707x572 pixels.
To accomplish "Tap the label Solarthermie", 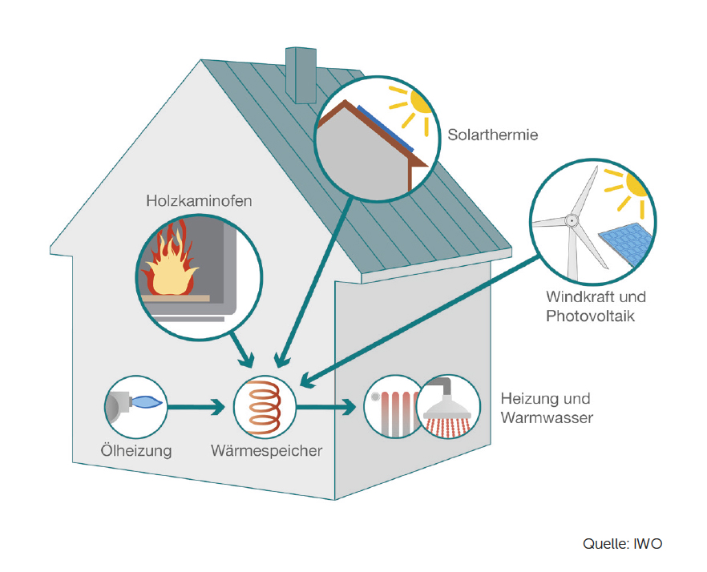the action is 493,135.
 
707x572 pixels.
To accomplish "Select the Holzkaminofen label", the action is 199,200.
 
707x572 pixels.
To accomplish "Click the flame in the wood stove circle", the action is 170,260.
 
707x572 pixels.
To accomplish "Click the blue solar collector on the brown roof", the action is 386,129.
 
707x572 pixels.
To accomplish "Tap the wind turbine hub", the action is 572,220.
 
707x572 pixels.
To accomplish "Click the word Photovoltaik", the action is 590,316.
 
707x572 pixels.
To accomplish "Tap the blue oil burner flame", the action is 146,401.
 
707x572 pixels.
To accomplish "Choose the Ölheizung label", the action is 136,451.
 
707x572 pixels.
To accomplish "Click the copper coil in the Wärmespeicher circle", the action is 265,407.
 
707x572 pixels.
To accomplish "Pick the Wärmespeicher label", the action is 266,451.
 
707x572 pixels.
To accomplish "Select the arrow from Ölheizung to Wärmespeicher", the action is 196,407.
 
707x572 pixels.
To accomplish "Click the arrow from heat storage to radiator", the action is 325,407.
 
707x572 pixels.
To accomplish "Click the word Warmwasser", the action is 547,418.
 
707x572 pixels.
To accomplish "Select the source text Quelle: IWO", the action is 623,544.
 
